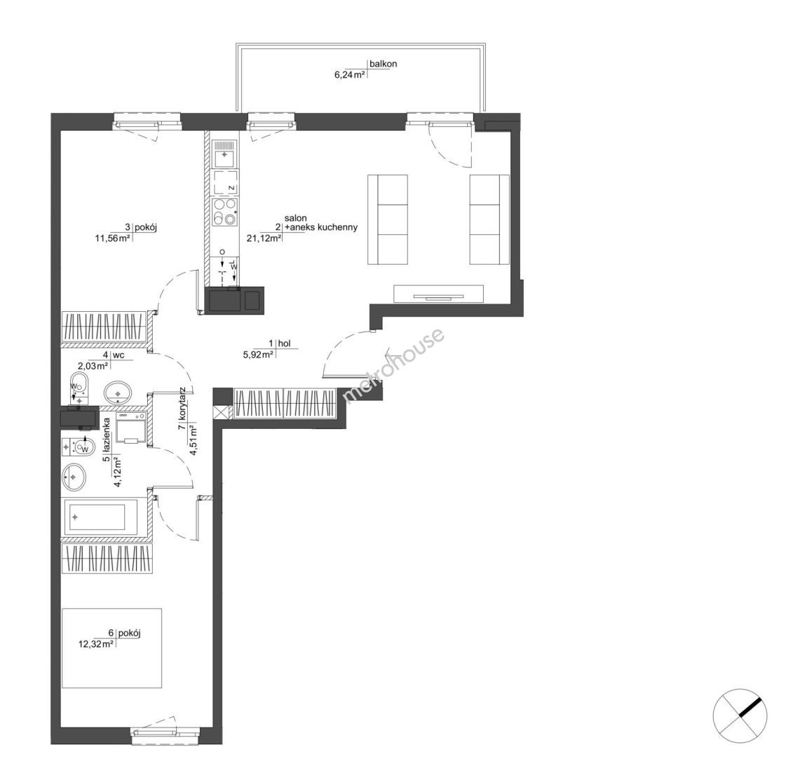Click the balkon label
383,64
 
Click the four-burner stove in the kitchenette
224,211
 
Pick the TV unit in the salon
438,294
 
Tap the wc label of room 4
118,355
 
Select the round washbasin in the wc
118,392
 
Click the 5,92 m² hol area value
259,355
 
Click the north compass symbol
740,716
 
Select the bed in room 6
111,648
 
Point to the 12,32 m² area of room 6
96,644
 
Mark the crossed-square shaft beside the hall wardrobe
222,412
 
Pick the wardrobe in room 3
104,327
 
